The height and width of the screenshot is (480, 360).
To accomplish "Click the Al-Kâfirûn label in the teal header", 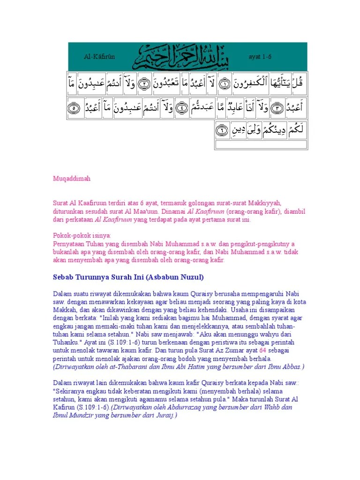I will [x=99, y=56].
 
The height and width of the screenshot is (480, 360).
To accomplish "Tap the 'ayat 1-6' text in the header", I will [x=260, y=56].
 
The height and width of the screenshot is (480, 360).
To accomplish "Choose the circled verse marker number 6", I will [x=222, y=130].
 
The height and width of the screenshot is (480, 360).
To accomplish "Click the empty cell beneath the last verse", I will [x=261, y=144].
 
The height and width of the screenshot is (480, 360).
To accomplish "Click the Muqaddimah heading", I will [x=71, y=179].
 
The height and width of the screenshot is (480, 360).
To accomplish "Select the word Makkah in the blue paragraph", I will [x=64, y=310].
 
